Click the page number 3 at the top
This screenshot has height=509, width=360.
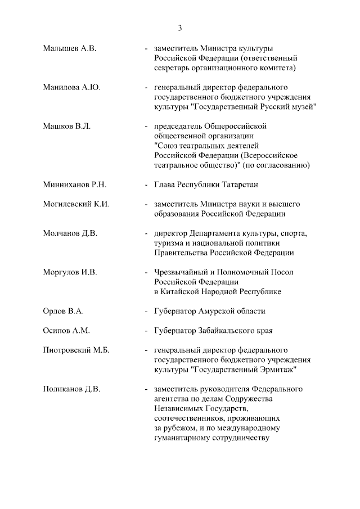(180, 28)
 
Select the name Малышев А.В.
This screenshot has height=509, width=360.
(70, 49)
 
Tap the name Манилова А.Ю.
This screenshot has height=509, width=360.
(73, 88)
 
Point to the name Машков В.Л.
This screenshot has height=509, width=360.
(67, 126)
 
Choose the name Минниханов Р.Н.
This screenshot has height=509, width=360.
(75, 184)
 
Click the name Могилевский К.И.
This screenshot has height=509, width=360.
(76, 204)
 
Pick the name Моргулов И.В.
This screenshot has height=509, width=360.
(70, 272)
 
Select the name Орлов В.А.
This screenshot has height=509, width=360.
(64, 311)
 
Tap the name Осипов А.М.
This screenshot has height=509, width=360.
(66, 331)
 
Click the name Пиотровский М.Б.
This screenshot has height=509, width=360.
(76, 350)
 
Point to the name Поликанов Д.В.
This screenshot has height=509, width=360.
(73, 389)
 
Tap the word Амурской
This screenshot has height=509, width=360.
(217, 311)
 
